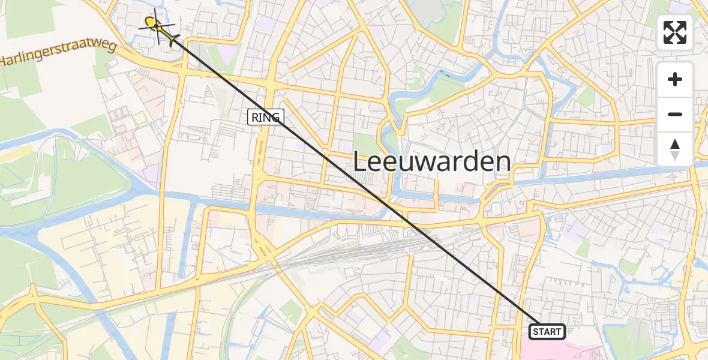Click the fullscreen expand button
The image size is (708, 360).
(675, 32)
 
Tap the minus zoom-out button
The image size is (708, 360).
(675, 114)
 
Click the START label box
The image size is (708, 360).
(547, 331)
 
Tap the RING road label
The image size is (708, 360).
(265, 117)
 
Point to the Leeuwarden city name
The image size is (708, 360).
(431, 162)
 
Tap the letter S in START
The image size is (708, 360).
(535, 332)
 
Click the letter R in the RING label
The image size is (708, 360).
(254, 117)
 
